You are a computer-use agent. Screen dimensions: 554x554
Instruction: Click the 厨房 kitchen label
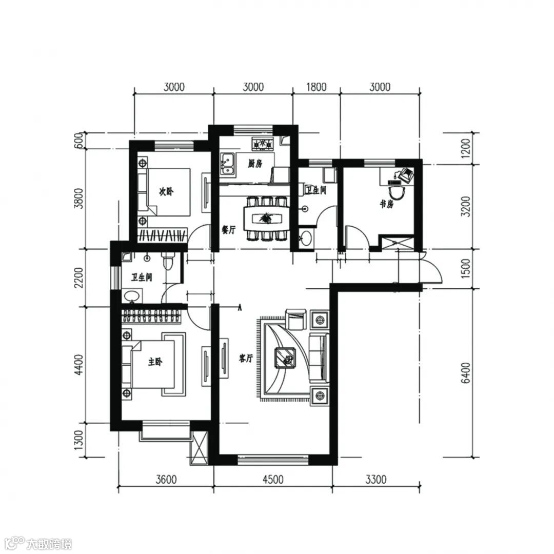[255, 164]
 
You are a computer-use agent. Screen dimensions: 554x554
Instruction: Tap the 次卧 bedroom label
[166, 191]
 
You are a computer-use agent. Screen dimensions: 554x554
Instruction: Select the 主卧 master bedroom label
[155, 362]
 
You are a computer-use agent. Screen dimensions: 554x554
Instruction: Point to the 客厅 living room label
[246, 359]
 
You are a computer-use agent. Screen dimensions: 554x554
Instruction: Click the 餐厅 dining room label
[228, 230]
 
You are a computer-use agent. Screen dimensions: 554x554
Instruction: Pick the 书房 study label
[387, 204]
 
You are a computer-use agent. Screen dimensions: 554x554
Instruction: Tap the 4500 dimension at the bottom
[273, 480]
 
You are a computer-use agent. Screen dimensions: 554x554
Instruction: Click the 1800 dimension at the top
[316, 87]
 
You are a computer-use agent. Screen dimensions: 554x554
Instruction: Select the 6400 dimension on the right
[466, 373]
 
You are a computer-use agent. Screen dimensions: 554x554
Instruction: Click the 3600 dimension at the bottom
[166, 480]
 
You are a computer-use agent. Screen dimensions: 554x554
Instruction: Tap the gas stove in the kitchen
[263, 144]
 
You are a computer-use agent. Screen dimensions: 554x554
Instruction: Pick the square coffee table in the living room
[286, 358]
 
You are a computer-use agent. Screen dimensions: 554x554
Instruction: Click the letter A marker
[240, 307]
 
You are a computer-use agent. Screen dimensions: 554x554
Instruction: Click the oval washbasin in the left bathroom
[132, 296]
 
